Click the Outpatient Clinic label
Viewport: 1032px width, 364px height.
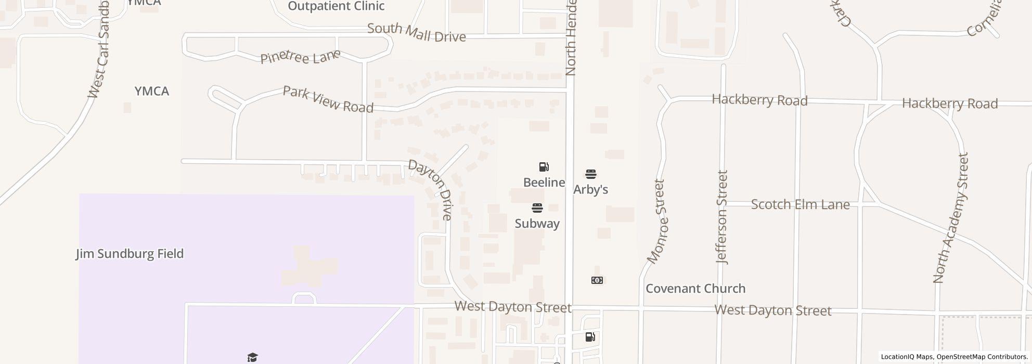[336, 6]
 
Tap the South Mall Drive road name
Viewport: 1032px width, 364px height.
[416, 32]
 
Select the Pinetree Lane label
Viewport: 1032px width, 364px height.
[300, 56]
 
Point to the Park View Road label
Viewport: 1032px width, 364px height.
[328, 99]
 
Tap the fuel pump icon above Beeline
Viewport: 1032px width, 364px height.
[544, 167]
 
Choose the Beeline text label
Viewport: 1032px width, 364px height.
[544, 183]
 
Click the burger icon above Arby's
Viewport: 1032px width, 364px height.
[591, 174]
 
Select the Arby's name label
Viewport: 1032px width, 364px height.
[590, 190]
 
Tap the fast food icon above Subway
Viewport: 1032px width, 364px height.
[537, 208]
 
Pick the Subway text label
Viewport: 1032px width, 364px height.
[537, 224]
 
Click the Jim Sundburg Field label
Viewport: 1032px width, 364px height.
[130, 254]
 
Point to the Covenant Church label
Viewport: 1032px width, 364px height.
[695, 289]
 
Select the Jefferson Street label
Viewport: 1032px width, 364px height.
[722, 217]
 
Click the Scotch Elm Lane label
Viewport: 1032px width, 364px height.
[800, 205]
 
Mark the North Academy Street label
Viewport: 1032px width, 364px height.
[950, 218]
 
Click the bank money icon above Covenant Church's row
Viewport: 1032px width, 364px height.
[597, 280]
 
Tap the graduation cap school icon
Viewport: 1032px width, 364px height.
[252, 357]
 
